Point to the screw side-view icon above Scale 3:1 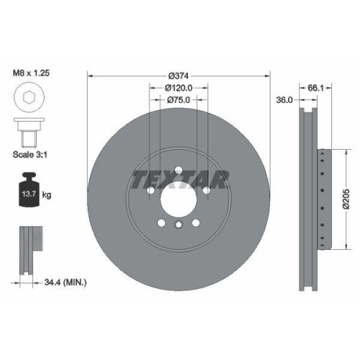(29, 135)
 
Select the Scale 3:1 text (31, 155)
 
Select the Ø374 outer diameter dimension (179, 76)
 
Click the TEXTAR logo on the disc (179, 177)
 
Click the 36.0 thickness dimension (285, 101)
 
